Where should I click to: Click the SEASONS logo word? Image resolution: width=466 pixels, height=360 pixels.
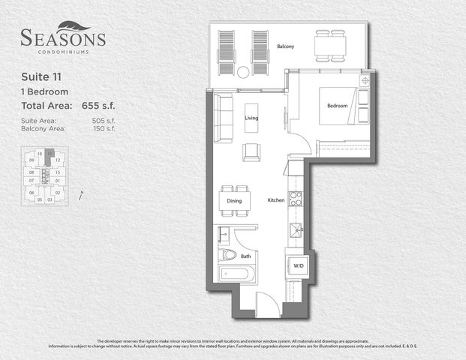coord(63,37)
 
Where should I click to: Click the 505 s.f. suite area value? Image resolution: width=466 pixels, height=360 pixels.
coord(104,121)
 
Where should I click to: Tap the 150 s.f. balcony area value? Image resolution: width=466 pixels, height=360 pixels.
coord(104,129)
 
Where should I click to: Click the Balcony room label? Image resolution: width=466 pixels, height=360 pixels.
coord(285,46)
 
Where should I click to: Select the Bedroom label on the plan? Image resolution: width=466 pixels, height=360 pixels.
coord(337,106)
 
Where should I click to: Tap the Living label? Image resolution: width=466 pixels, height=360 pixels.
coord(251,118)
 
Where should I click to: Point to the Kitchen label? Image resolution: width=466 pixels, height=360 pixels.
coord(276,201)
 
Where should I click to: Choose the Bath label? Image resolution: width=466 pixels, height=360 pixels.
coord(245,256)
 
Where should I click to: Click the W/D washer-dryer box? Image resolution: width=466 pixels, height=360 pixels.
coord(298,265)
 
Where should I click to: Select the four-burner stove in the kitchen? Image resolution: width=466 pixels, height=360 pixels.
coord(296,199)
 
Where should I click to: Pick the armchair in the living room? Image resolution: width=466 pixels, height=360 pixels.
coord(251,151)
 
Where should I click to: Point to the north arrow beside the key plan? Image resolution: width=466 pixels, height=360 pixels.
coord(80,196)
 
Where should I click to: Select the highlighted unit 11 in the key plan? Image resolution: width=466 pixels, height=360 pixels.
coord(50,153)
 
